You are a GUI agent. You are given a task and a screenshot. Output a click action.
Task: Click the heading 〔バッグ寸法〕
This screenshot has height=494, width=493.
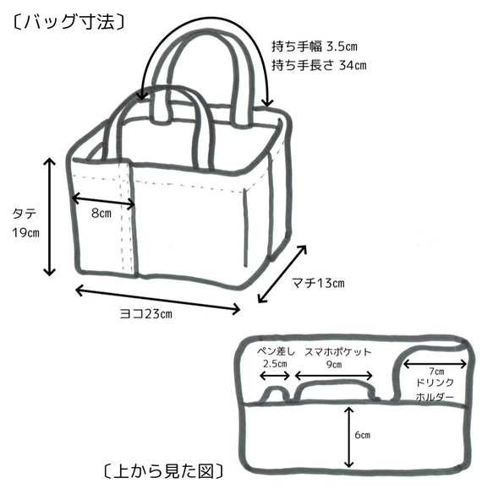(x=69, y=21)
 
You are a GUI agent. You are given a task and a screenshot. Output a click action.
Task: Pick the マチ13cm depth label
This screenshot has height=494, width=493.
(x=317, y=282)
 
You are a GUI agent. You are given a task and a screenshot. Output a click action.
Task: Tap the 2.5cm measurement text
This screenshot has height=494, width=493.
(x=276, y=365)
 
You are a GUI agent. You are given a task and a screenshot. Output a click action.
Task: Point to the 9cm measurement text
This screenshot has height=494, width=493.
(x=334, y=365)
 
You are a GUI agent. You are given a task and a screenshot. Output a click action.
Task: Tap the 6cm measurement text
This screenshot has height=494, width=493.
(x=362, y=435)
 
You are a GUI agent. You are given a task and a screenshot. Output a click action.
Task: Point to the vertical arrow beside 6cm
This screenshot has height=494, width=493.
(x=348, y=436)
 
